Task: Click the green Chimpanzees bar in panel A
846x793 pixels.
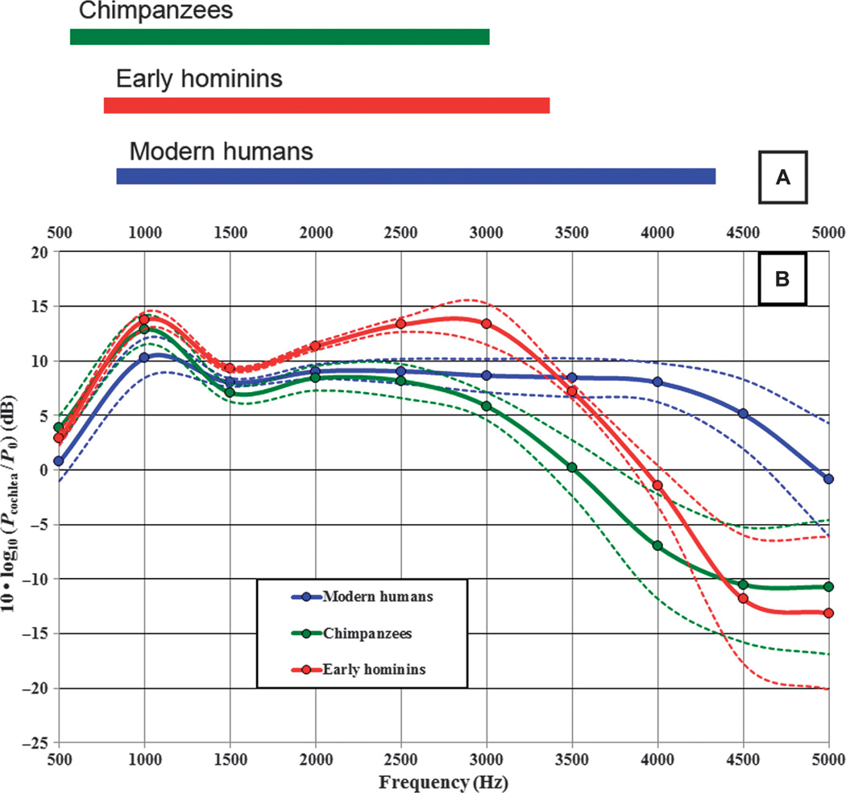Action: pos(280,37)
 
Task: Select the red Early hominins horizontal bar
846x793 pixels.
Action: pos(326,105)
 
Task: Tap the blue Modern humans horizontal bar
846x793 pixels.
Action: pos(416,176)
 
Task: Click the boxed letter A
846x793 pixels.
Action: pos(782,179)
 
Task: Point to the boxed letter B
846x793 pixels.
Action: pos(782,279)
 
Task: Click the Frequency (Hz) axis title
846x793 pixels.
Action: pos(445,781)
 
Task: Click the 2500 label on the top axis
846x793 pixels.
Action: pos(400,233)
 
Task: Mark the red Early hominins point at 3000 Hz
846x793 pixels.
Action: pos(486,324)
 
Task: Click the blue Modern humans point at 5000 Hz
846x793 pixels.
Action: pos(829,479)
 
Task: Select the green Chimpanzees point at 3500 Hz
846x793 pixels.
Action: pos(572,468)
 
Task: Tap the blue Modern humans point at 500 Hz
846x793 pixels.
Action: pos(59,461)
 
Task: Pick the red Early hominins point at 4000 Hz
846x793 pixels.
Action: pos(657,485)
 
